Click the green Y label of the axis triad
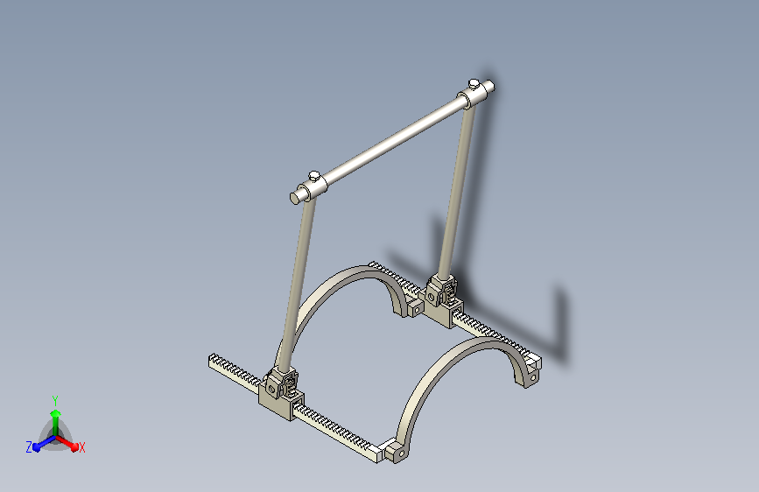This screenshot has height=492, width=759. click(x=54, y=398)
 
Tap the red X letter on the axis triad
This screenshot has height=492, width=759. click(x=81, y=447)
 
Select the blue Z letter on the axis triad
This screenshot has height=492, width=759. click(x=29, y=447)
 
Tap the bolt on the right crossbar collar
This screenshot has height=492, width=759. click(x=473, y=83)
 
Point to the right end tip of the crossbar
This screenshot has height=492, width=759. click(x=492, y=87)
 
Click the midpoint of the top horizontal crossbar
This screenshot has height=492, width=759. click(x=394, y=141)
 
